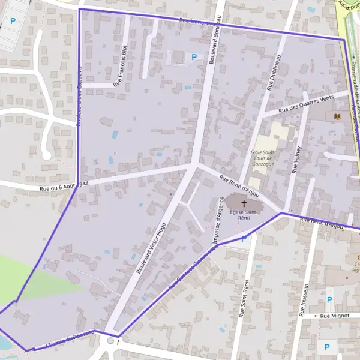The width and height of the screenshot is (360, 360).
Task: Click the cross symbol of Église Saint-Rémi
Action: [244, 204]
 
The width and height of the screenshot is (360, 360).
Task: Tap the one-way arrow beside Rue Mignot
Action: [316, 315]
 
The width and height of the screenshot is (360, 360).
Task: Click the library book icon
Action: [335, 115]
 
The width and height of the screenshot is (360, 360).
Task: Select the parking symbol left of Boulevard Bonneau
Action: [193, 58]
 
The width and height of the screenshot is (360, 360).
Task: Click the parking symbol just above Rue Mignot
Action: [329, 299]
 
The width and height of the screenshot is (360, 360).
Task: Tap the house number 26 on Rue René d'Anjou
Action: [290, 211]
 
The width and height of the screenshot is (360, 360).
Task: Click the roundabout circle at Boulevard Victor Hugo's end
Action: [111, 341]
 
